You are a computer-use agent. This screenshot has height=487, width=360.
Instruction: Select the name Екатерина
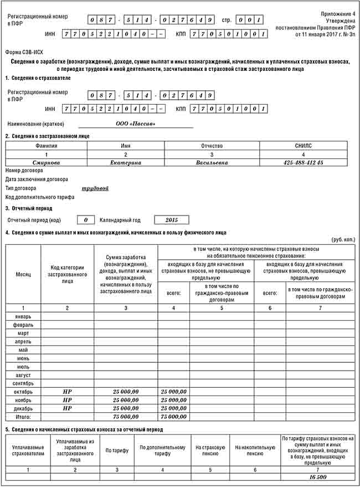(x=126, y=162)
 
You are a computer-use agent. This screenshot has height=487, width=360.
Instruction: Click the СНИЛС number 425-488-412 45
(x=303, y=162)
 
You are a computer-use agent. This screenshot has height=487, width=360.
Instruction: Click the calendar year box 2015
(x=168, y=219)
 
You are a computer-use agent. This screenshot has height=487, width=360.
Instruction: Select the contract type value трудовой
(x=95, y=188)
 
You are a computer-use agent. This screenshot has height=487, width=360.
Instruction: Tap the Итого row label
(x=23, y=417)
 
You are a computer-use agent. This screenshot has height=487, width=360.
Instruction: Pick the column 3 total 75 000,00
(x=126, y=417)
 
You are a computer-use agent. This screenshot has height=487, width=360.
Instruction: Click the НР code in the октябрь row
(x=67, y=392)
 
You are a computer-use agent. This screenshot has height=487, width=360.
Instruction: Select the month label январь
(x=23, y=316)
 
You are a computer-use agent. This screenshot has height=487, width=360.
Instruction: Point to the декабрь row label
(x=23, y=408)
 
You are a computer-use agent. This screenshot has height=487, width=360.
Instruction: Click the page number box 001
(x=249, y=20)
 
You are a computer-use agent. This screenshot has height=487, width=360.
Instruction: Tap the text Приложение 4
(x=337, y=12)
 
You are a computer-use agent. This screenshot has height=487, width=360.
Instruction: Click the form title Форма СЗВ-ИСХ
(x=25, y=52)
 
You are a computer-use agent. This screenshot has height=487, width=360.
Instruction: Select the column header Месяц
(x=23, y=274)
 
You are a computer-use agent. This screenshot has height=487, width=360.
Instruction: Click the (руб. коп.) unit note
(x=343, y=240)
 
